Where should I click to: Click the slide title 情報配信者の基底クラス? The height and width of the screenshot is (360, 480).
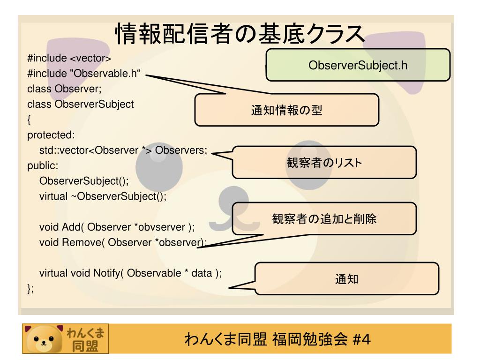click(x=240, y=35)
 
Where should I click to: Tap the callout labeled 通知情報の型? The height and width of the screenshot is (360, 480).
click(x=287, y=111)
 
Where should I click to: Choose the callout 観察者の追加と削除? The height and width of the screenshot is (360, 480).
click(x=325, y=219)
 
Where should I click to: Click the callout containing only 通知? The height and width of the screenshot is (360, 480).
click(x=347, y=279)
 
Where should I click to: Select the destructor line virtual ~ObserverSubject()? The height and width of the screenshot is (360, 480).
click(x=103, y=196)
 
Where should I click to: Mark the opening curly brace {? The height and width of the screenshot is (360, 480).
click(x=29, y=120)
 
